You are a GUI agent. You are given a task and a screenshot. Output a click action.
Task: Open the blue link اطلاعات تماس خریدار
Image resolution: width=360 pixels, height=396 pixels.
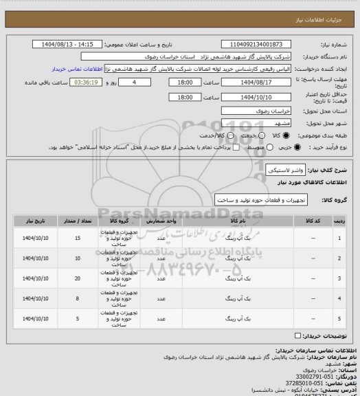pos(76,69)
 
